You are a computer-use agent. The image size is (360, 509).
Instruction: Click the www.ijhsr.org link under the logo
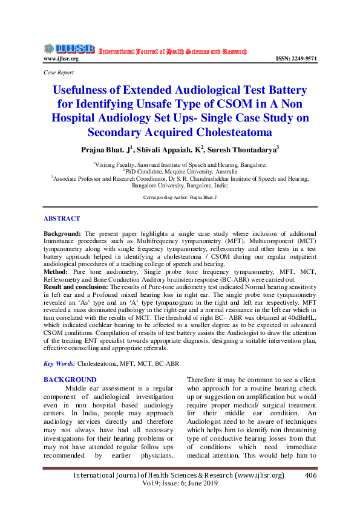tap(61, 59)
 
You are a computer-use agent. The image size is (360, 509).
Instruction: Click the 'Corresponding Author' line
tap(180, 198)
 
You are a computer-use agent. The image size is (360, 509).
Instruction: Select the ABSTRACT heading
tap(61, 218)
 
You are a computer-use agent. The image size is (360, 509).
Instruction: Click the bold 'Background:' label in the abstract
tap(63, 233)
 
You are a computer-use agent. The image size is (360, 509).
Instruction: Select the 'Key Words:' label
tap(59, 364)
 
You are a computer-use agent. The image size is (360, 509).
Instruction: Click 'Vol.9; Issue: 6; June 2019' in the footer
tap(179, 485)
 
